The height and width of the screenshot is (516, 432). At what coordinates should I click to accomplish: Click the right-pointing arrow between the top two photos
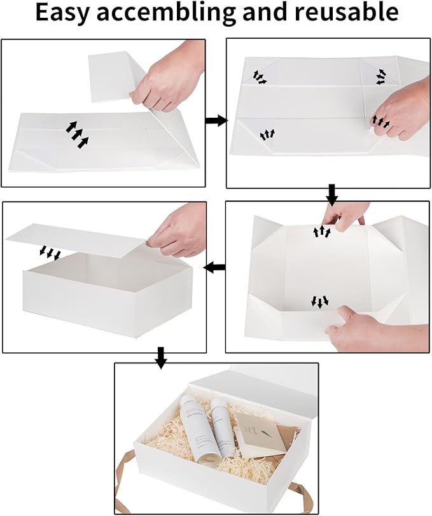click(x=216, y=120)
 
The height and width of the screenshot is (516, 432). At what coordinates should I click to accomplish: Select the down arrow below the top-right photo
click(x=331, y=193)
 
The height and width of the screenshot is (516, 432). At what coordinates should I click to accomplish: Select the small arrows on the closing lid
click(x=49, y=253)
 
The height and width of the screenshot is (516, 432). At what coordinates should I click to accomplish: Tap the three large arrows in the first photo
click(x=76, y=134)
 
